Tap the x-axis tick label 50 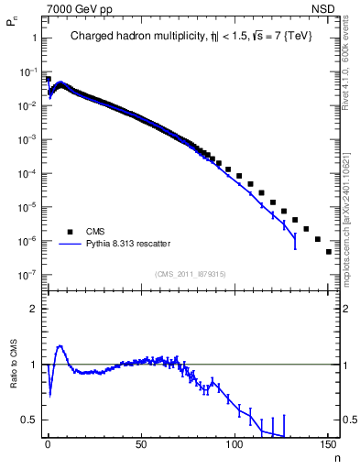click(x=140, y=447)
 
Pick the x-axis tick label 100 click(x=234, y=447)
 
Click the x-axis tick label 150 click(x=327, y=447)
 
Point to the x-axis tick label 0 click(x=48, y=447)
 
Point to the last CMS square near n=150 click(x=328, y=252)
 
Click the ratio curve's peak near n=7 click(x=60, y=346)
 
